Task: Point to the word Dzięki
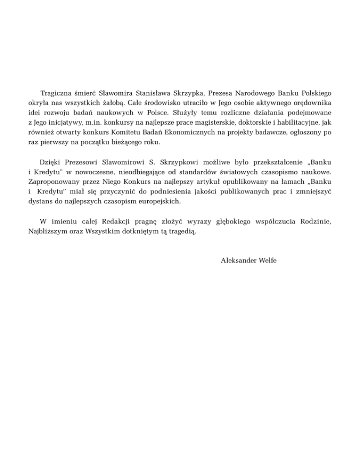(51, 163)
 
